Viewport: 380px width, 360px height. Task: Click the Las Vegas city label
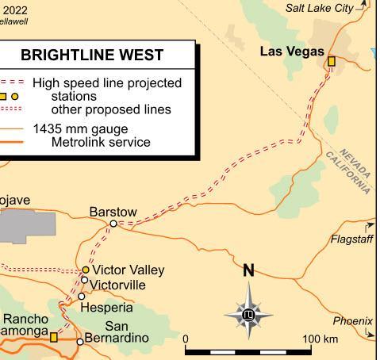[292, 52]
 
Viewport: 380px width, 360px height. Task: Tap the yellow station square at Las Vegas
[332, 61]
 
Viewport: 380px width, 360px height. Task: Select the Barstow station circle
[113, 224]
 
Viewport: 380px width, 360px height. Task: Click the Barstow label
[113, 212]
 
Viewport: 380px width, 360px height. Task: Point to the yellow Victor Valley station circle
[86, 270]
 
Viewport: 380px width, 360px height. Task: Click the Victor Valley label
[129, 270]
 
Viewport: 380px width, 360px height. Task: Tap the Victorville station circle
[84, 279]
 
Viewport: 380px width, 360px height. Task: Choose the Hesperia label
[107, 307]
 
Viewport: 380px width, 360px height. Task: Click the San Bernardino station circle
[79, 342]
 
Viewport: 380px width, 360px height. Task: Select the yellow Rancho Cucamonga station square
[54, 337]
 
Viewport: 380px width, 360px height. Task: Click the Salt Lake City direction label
[320, 8]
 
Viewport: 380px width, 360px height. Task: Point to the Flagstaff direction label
[351, 239]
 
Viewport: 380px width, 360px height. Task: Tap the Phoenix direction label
[352, 321]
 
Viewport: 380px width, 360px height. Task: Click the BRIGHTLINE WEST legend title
[92, 55]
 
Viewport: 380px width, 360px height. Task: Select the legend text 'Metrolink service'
[101, 142]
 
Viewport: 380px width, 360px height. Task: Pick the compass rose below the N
[248, 315]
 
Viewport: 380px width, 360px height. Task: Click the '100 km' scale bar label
[320, 339]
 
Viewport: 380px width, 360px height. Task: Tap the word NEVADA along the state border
[355, 162]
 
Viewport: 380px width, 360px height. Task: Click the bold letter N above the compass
[248, 270]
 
